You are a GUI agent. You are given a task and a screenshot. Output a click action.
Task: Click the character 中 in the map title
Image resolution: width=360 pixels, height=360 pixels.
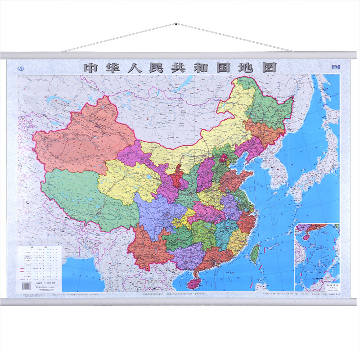(x=91, y=67)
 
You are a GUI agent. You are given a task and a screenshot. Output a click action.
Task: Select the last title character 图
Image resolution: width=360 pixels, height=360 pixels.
(x=269, y=67)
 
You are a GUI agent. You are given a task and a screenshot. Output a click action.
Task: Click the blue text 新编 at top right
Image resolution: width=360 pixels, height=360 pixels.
(x=336, y=67)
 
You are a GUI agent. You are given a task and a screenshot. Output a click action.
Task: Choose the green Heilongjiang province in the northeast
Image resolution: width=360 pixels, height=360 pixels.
(x=268, y=106)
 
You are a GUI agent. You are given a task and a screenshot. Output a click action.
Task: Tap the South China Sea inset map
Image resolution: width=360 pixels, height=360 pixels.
(x=317, y=256)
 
